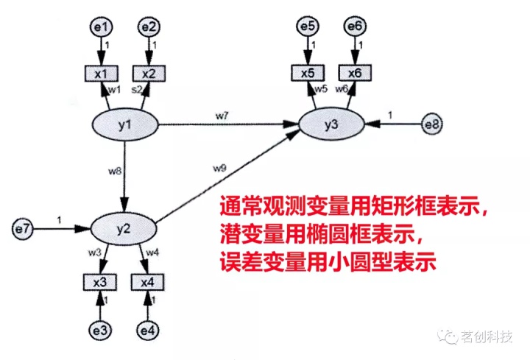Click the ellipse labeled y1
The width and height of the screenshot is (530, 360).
point(126,126)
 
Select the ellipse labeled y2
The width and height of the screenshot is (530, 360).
point(124,228)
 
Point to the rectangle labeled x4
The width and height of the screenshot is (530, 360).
point(149,282)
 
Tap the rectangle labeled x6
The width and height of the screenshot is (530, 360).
point(355,73)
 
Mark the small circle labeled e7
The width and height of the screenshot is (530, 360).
point(24,228)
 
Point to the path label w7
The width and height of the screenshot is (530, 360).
point(222,116)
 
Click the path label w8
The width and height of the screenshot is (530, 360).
point(114,172)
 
